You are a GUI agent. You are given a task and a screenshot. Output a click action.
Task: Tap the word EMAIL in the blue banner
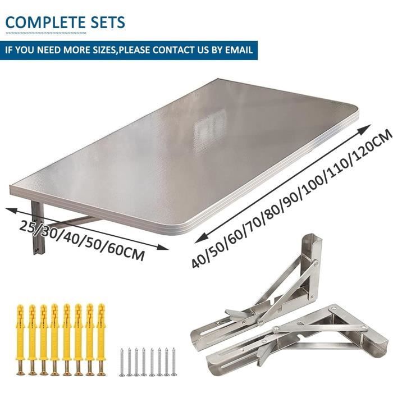point(239,50)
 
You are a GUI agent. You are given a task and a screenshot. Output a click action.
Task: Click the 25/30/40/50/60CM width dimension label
point(82,241)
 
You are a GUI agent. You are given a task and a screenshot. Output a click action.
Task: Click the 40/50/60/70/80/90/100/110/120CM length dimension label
point(291,198)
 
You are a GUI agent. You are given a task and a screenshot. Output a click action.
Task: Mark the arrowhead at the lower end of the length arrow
point(201,239)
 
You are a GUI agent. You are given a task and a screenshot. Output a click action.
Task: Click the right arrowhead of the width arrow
point(162,247)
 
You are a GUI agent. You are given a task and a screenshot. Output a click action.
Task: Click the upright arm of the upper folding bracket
point(312,266)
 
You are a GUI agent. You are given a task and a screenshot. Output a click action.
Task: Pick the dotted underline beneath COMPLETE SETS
point(46,33)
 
